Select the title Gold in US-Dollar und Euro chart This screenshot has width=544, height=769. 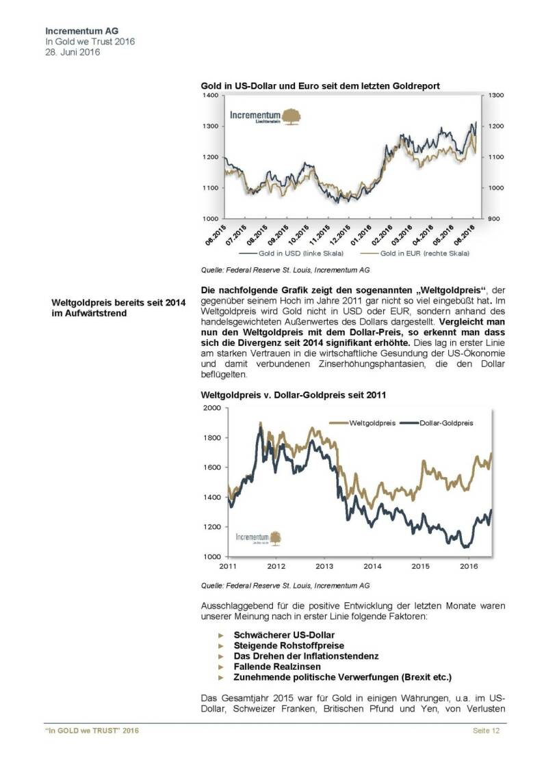coord(320,86)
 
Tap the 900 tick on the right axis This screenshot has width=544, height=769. coord(495,218)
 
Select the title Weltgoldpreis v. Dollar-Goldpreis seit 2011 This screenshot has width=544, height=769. coord(293,394)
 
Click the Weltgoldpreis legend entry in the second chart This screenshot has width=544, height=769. coord(369,422)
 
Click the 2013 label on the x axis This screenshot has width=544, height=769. coord(324,566)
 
